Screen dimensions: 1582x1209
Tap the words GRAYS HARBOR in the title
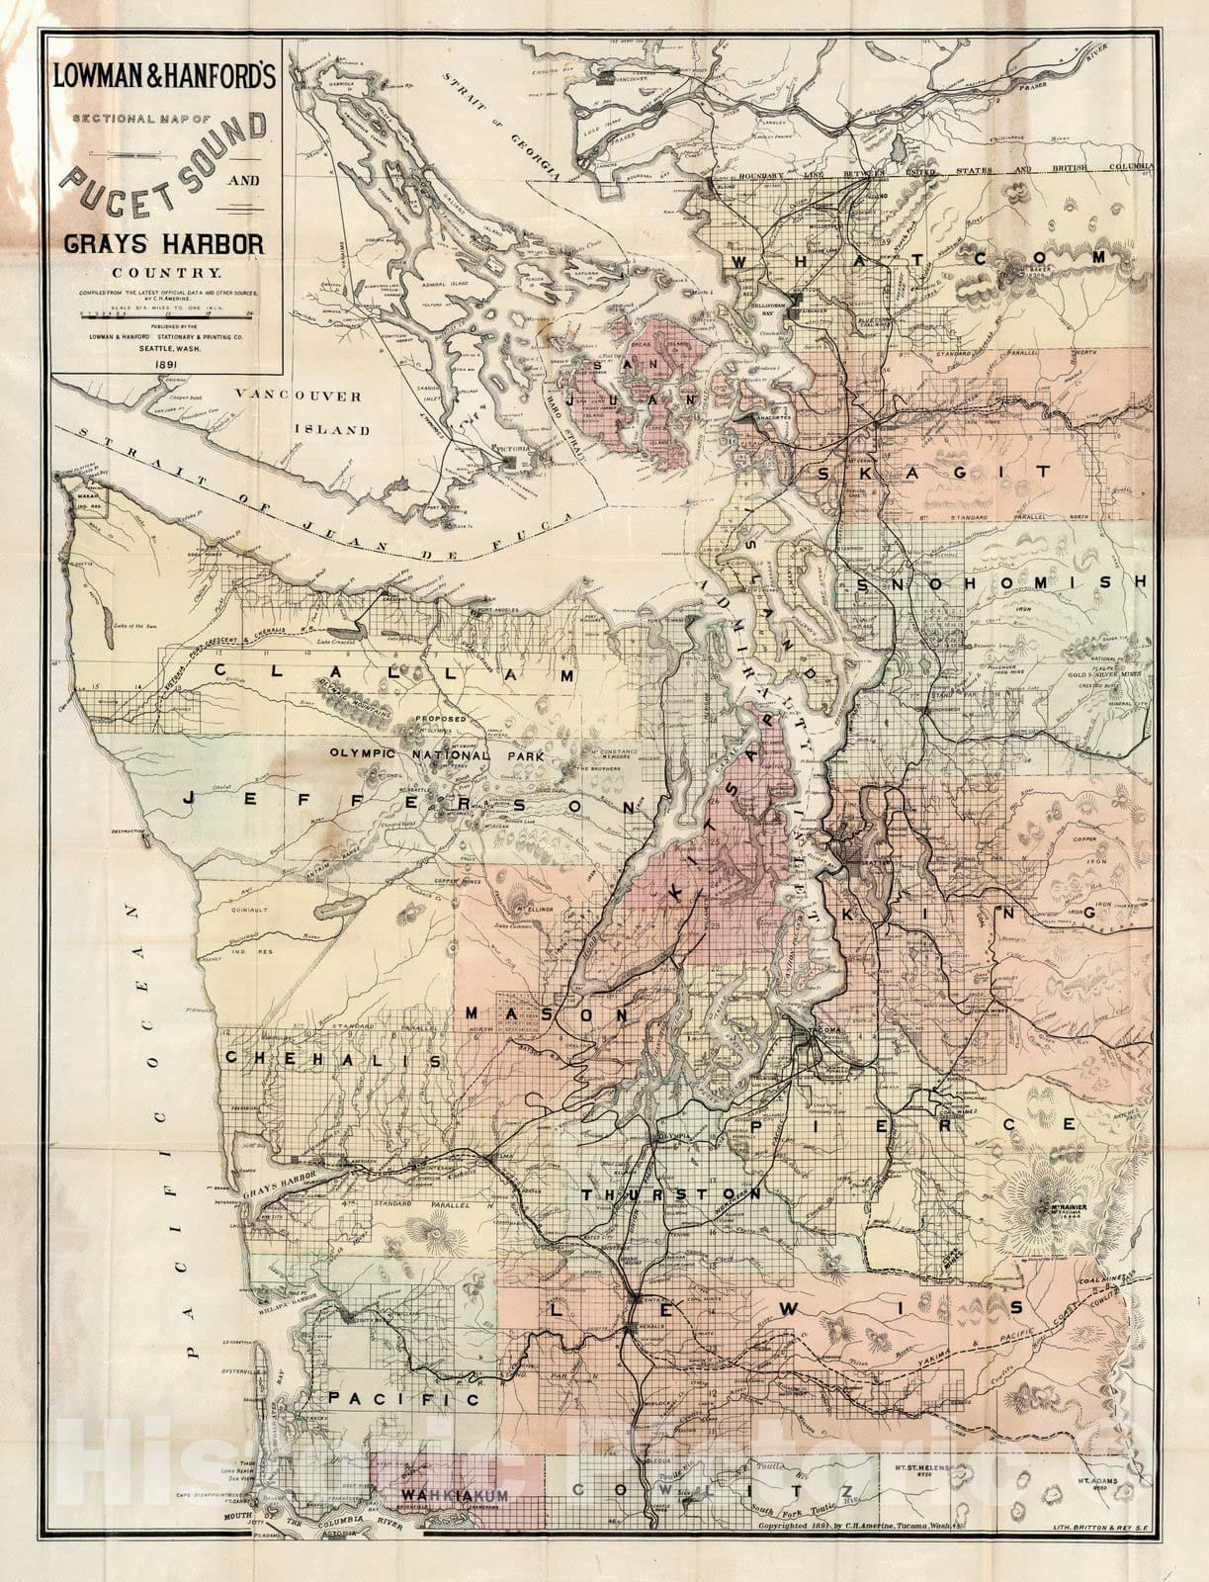coord(165,242)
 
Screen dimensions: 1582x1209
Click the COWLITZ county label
coord(712,1490)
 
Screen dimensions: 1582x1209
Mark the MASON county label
coord(546,1015)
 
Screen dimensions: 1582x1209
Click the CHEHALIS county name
coord(332,1059)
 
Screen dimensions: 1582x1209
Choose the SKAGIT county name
coord(936,474)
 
